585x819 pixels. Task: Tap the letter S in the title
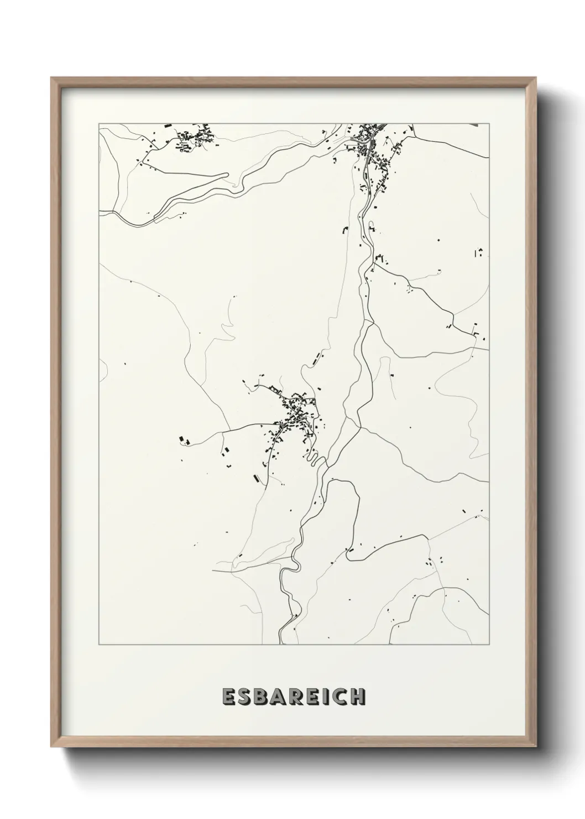click(x=247, y=697)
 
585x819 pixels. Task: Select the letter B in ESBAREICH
click(x=264, y=697)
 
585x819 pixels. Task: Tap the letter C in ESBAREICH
click(x=342, y=697)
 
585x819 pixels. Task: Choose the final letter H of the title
click(x=359, y=697)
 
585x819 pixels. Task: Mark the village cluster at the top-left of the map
click(x=194, y=138)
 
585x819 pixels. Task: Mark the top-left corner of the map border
click(x=99, y=124)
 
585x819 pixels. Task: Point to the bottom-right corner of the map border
click(x=489, y=645)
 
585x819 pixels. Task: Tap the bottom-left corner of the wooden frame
click(x=52, y=744)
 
